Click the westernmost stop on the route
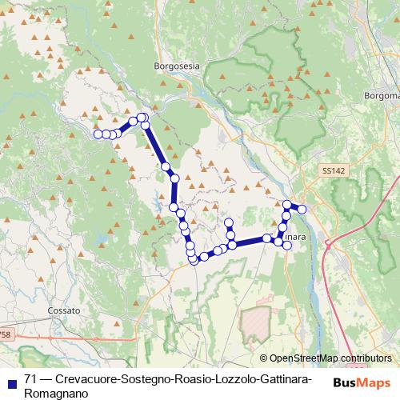[98, 134]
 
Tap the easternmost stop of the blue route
[302, 210]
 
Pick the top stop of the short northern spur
[228, 222]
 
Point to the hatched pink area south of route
[257, 323]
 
